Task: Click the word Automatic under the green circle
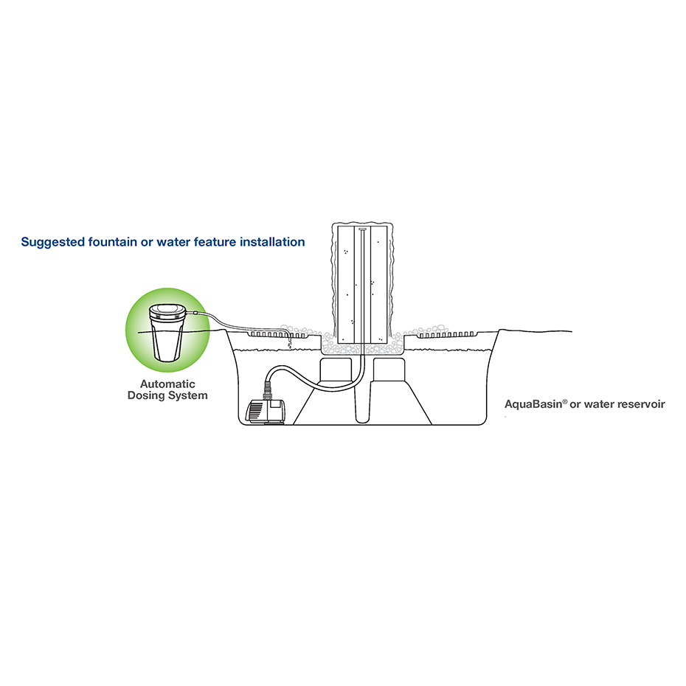[x=167, y=384]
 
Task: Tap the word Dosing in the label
[x=148, y=395]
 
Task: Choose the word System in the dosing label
[x=189, y=395]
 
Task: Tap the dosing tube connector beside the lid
[x=191, y=314]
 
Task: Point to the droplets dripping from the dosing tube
[x=289, y=341]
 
